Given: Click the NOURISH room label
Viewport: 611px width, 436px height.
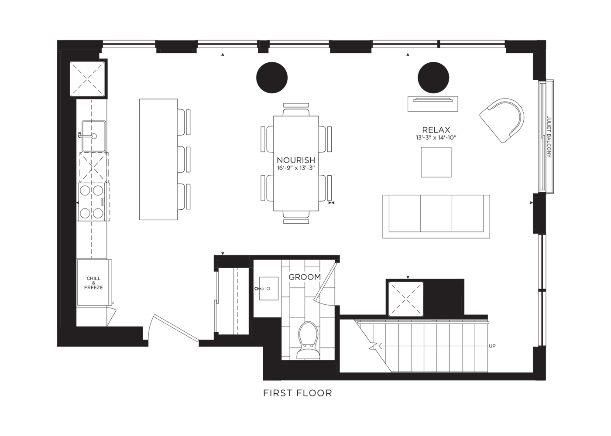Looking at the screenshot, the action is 296,160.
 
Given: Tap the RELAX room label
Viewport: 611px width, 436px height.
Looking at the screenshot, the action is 436,130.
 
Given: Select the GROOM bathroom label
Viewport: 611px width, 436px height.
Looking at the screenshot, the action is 305,277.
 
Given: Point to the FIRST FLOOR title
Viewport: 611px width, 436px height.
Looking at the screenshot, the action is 298,393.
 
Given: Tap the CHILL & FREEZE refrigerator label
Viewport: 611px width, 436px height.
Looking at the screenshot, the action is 93,283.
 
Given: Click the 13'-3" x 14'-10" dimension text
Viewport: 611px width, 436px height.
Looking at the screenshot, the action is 436,138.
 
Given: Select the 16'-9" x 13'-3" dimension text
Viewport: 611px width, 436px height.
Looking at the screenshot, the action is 296,168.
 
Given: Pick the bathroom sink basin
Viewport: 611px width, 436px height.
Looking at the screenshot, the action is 269,289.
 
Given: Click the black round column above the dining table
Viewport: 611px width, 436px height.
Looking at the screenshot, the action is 271,78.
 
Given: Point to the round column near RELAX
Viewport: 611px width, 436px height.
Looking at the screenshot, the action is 433,78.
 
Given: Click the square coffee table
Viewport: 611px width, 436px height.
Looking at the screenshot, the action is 436,162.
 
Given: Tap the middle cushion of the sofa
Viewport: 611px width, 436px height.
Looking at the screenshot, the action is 436,214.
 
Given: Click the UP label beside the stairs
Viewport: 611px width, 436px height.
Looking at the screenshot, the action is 492,346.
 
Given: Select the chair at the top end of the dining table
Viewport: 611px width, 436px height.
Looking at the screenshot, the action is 296,109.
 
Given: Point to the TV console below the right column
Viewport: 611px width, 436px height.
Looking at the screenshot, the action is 433,104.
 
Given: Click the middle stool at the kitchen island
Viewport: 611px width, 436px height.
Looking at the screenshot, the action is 184,160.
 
